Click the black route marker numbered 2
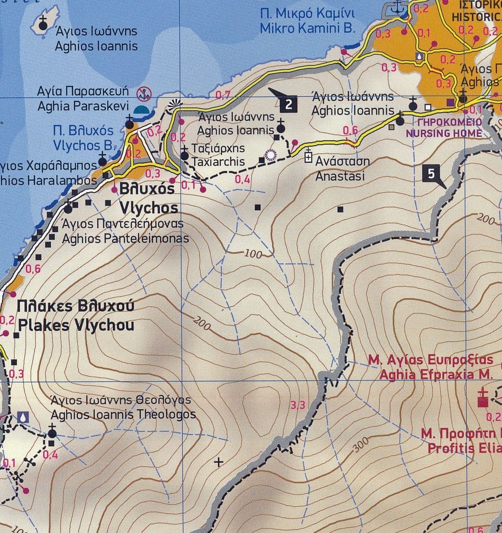click(288, 104)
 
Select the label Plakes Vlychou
click(76, 325)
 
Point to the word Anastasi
click(340, 176)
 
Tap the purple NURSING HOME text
click(444, 133)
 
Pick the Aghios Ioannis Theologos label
click(123, 414)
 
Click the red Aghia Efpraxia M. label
click(437, 374)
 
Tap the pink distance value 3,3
click(298, 405)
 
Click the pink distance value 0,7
click(223, 95)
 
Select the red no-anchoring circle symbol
click(143, 93)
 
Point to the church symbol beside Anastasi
click(309, 155)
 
